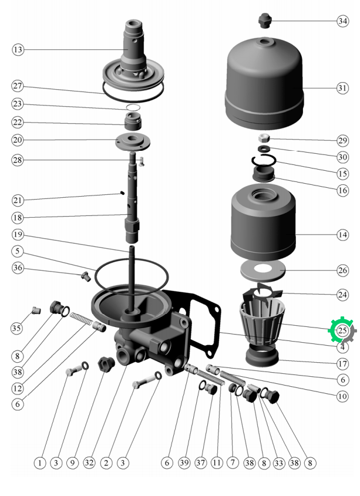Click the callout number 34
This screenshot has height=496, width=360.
point(342,21)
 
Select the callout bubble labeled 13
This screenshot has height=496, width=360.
point(18,50)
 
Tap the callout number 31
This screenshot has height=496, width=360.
point(342,88)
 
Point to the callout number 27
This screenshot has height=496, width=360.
point(18,86)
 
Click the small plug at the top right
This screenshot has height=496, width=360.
point(264,21)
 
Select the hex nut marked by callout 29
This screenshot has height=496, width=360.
point(264,138)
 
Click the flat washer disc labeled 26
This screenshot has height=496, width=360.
point(263,271)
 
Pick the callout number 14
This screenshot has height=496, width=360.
point(342,235)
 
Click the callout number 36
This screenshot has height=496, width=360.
point(18,268)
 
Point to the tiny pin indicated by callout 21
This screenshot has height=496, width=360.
point(122,193)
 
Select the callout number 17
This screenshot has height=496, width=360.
point(342,364)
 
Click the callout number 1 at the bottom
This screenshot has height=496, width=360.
point(40,463)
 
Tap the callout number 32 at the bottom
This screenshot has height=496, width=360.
point(89,463)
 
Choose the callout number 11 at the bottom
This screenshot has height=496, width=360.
point(217,463)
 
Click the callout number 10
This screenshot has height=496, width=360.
point(342,396)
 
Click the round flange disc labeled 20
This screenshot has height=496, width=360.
point(133,141)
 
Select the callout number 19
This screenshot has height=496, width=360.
point(18,235)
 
